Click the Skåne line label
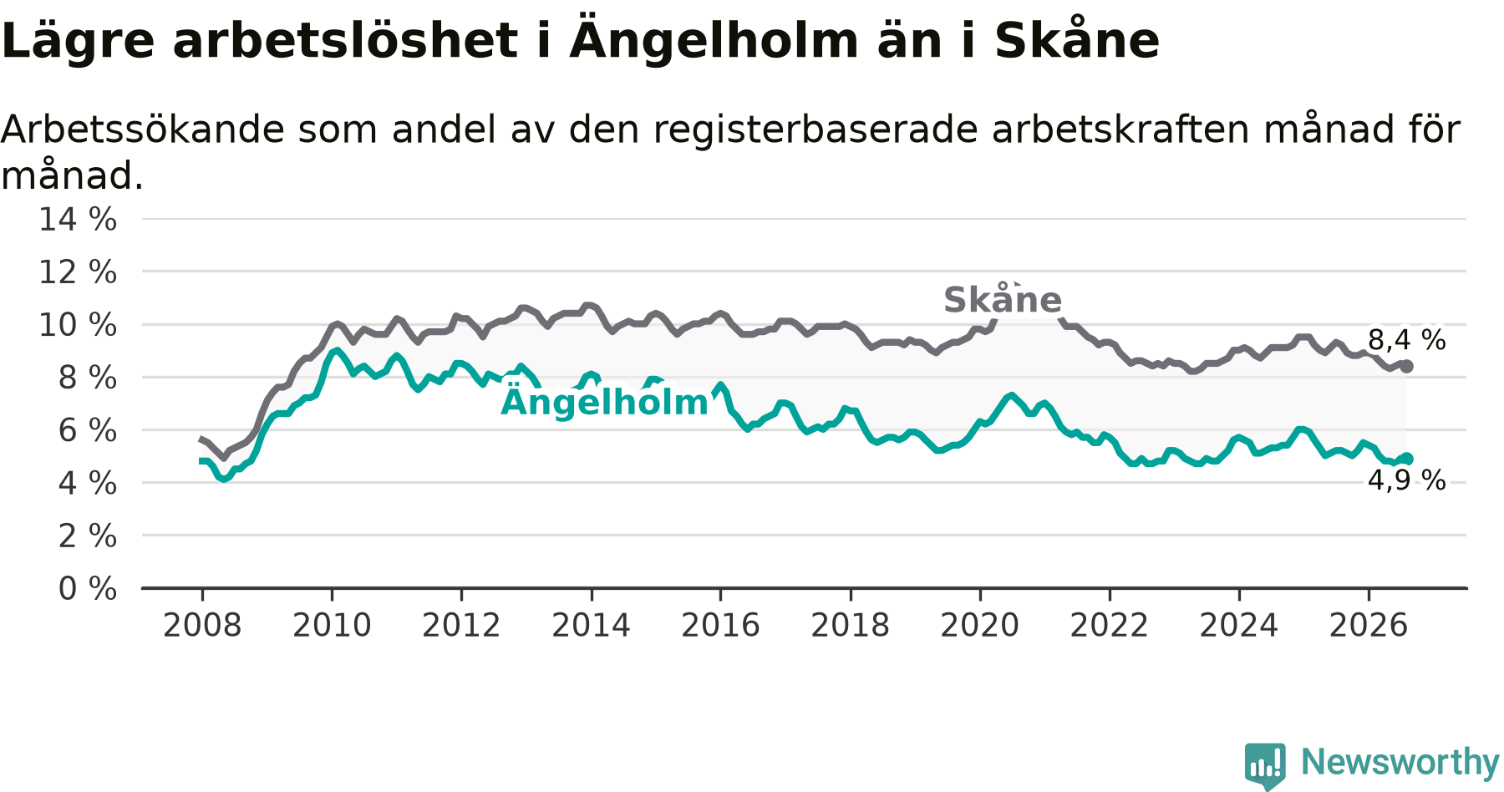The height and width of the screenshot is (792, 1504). click(1003, 300)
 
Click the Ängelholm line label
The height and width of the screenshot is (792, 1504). click(604, 402)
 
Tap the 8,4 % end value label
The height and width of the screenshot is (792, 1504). click(1407, 340)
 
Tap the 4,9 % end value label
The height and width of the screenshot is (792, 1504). click(1407, 480)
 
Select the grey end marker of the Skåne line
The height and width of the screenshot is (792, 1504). click(1407, 366)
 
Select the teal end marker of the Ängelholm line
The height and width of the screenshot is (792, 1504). click(1407, 458)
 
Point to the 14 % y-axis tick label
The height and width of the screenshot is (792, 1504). click(78, 220)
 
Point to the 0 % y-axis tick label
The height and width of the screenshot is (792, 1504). click(88, 589)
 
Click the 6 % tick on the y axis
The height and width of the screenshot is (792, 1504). click(88, 430)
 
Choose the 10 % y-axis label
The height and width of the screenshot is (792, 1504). click(78, 325)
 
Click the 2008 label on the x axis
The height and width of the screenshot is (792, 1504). click(202, 625)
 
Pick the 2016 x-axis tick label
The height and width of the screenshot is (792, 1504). click(721, 625)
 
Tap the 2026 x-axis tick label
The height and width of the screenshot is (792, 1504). click(1369, 625)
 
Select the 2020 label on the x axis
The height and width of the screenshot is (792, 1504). click(980, 625)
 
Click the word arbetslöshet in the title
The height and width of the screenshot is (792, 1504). click(345, 41)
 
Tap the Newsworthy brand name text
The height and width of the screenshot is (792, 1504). click(1400, 762)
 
